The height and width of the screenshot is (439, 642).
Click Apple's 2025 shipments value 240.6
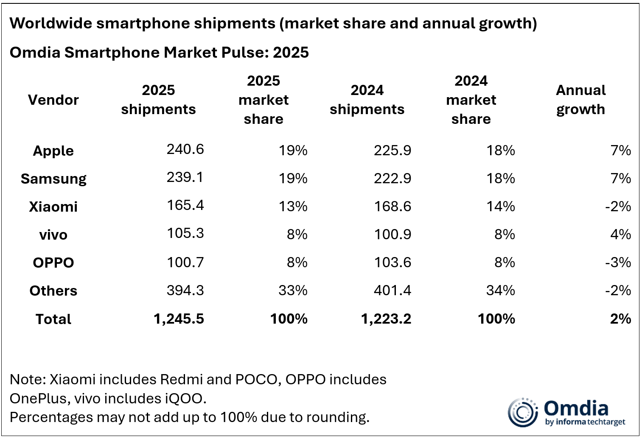[x=185, y=149]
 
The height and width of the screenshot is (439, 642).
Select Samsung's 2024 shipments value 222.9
[x=392, y=178]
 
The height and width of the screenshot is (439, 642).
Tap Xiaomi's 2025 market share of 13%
[x=293, y=206]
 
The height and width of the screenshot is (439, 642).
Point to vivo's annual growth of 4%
[x=620, y=234]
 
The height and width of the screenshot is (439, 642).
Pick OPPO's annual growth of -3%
[x=618, y=262]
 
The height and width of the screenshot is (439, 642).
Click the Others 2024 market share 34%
[x=500, y=290]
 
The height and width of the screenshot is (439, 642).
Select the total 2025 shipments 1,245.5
[x=179, y=319]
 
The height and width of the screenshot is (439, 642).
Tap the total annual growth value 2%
[x=620, y=319]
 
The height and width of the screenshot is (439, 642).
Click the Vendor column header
[x=53, y=100]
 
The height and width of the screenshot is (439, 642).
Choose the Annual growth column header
[x=580, y=100]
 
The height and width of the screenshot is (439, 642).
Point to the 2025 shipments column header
[x=158, y=100]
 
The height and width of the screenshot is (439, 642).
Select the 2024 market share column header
[x=471, y=100]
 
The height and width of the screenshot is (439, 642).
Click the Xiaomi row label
[x=53, y=207]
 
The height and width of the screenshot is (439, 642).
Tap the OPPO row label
[x=53, y=263]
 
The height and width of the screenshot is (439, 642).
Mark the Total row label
[x=53, y=319]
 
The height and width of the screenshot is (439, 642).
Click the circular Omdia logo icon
[x=523, y=412]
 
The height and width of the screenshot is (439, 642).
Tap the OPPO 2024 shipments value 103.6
[x=392, y=262]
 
